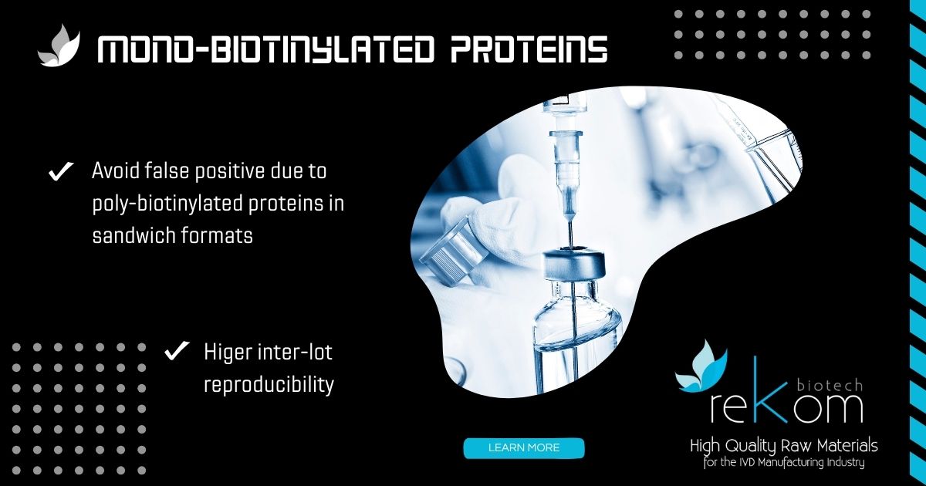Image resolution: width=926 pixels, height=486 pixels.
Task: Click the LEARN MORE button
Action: [x=524, y=448]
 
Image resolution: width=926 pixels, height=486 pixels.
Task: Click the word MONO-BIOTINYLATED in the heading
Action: [x=265, y=49]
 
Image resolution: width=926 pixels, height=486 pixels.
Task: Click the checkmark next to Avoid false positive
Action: [x=61, y=171]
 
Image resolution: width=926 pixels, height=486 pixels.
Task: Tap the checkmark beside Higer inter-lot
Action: [x=177, y=351]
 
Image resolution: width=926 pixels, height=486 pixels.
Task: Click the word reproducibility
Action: [x=269, y=385]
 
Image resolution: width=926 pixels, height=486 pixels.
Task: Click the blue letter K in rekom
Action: [x=772, y=390]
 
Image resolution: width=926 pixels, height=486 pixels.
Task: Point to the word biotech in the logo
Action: [x=830, y=386]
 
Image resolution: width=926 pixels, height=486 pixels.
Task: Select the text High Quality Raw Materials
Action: [x=784, y=446]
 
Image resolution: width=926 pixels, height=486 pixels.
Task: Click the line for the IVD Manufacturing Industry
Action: [x=784, y=462]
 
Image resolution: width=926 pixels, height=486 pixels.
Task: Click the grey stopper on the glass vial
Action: [x=574, y=264]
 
